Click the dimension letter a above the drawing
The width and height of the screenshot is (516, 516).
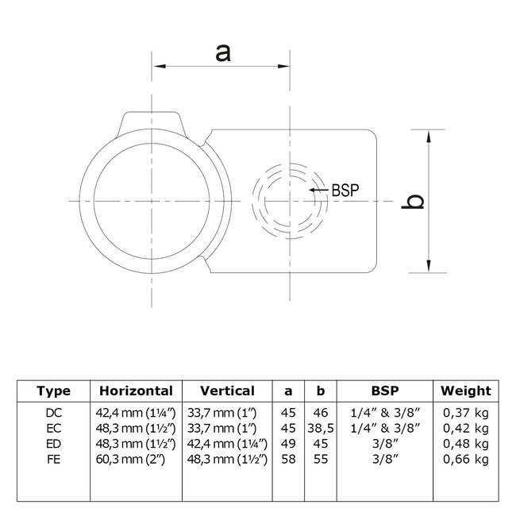point(223,52)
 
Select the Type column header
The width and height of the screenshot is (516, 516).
point(54,391)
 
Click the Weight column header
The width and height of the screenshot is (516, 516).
point(466,391)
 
